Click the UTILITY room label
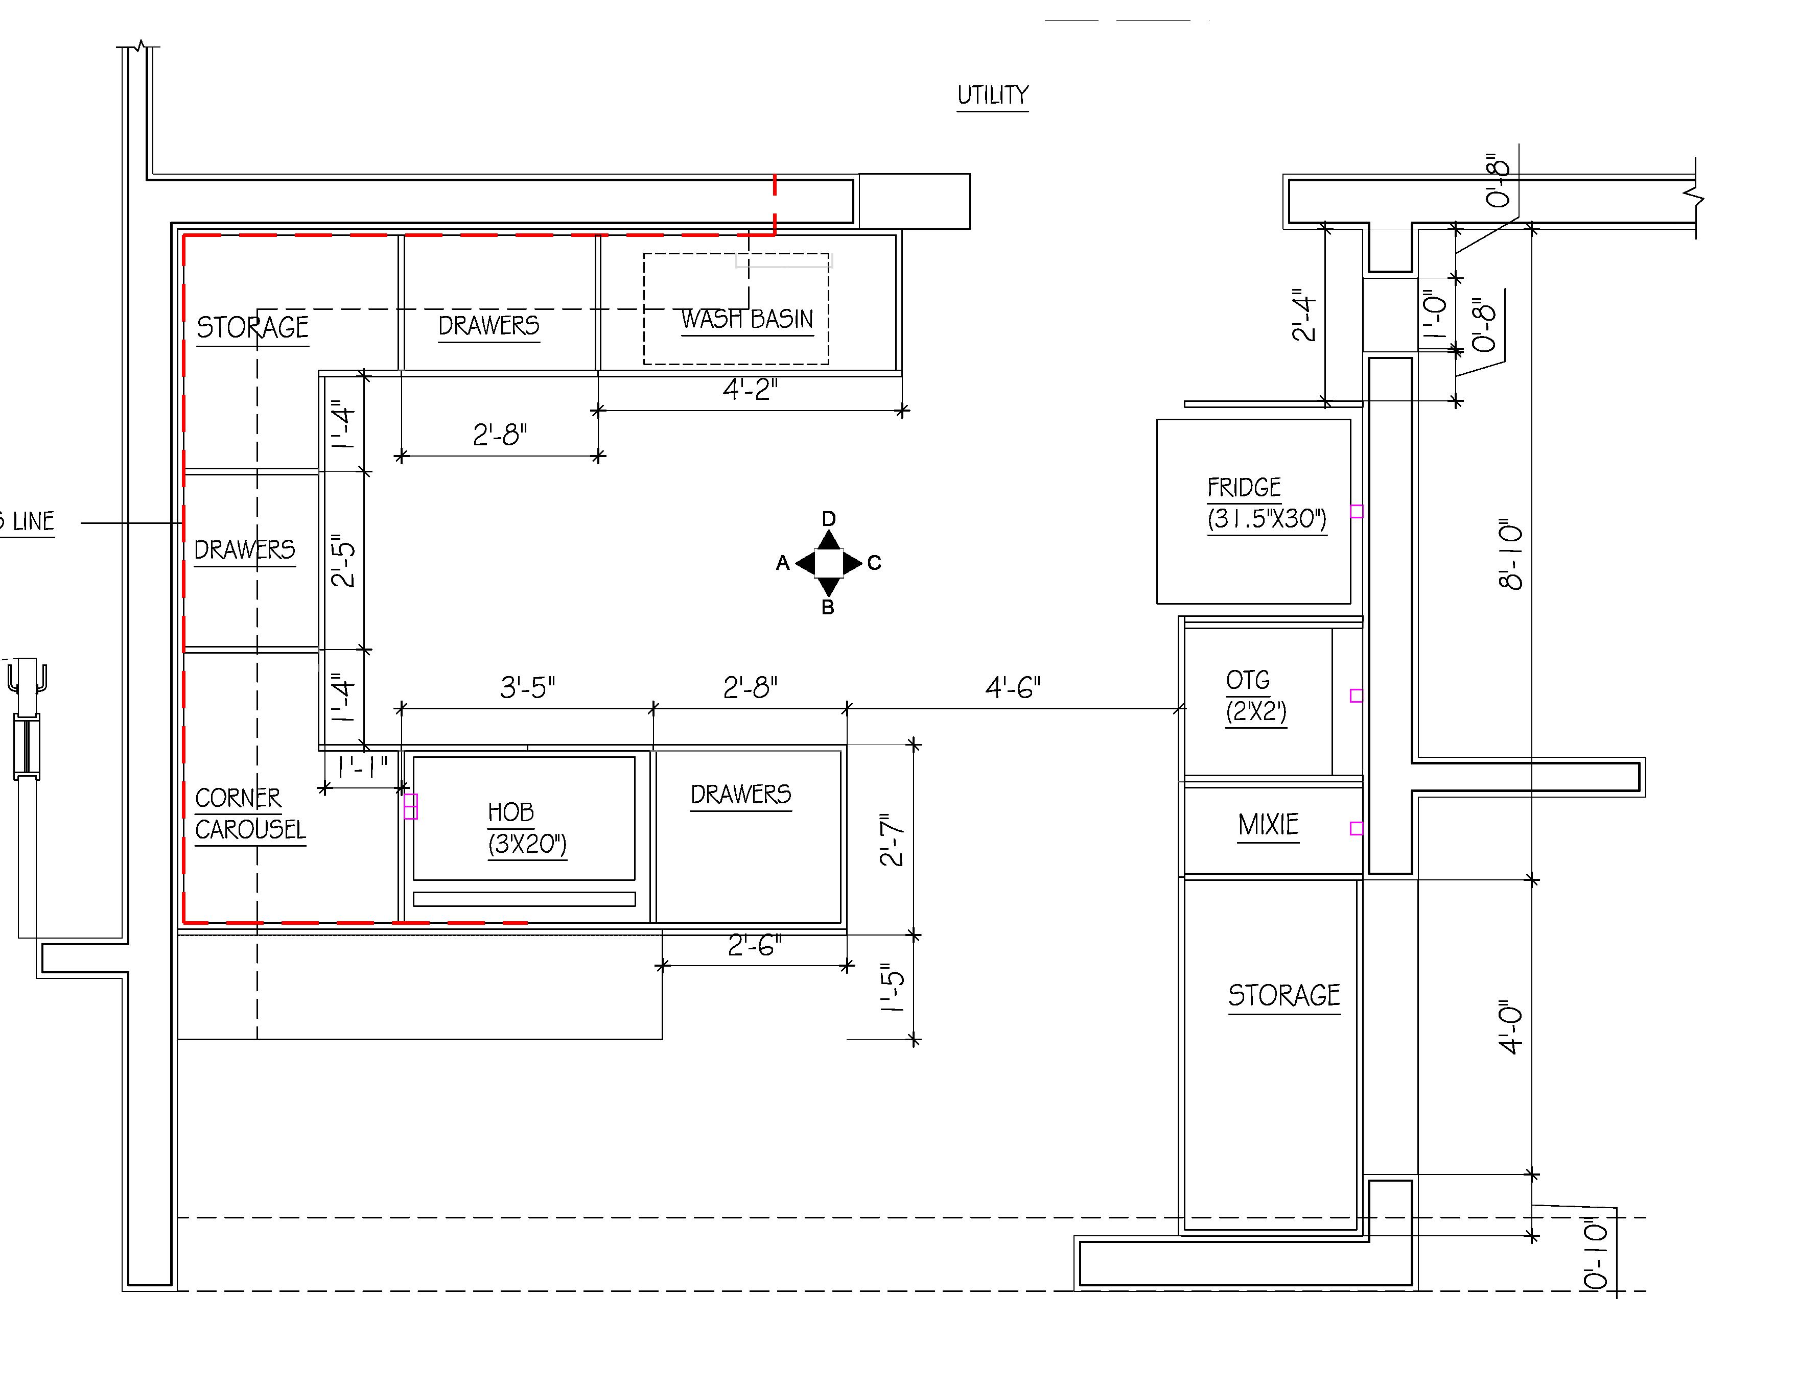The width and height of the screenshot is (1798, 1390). coord(992,95)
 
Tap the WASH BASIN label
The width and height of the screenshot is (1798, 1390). coord(746,319)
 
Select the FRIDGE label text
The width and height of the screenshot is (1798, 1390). coord(1244,488)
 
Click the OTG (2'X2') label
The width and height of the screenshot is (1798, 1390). coord(1255,696)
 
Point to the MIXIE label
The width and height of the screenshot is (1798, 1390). coord(1268,825)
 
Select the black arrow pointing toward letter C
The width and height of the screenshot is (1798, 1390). coord(853,563)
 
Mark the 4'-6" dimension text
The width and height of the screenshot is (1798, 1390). coord(1013,687)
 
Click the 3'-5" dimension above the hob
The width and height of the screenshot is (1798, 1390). coord(528,687)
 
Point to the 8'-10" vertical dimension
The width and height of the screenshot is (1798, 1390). coord(1511,555)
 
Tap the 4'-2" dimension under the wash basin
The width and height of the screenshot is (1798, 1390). coord(750,389)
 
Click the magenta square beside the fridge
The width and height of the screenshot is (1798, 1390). coord(1357,512)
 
